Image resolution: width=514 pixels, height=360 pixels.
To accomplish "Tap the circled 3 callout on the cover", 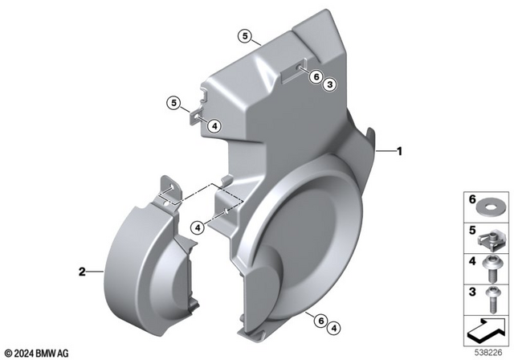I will (x=330, y=84).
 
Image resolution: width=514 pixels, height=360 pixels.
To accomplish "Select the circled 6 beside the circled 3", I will (x=316, y=77).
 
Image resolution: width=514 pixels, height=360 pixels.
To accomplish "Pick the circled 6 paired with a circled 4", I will (x=321, y=321).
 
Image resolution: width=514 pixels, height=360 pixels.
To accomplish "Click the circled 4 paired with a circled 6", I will (x=335, y=327).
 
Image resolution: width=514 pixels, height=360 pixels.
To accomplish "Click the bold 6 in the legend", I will (x=471, y=199).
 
